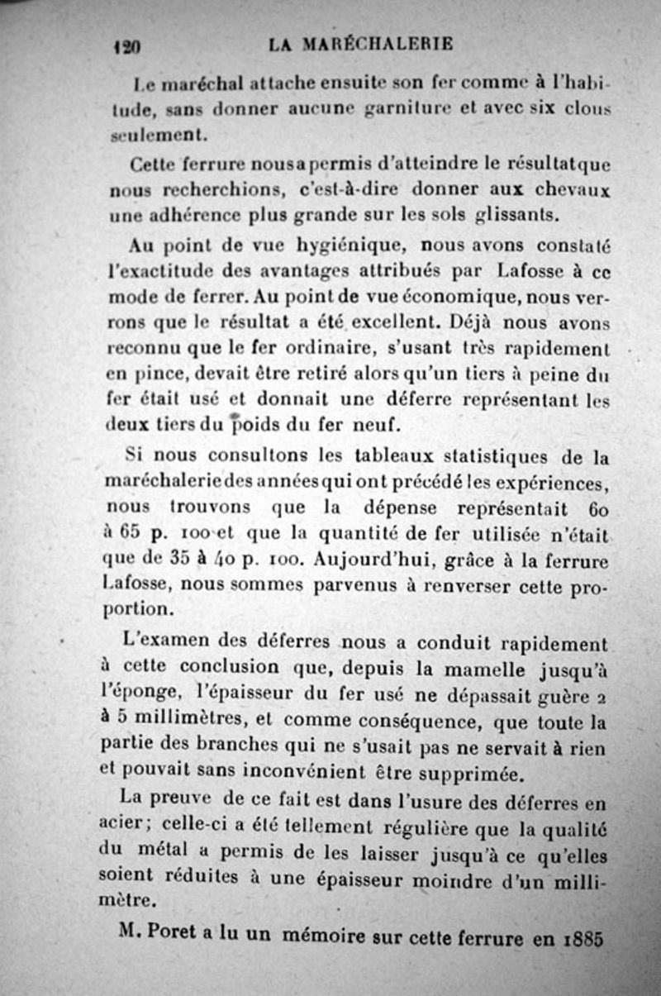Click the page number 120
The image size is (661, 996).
(126, 47)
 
